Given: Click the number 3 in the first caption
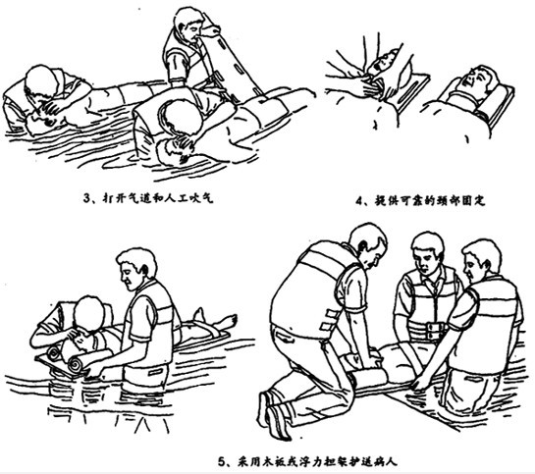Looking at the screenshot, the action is [x=87, y=198].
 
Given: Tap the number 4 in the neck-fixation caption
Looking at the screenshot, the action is [x=359, y=201].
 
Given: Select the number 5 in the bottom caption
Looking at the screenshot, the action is [x=222, y=462].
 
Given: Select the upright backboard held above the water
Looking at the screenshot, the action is [x=236, y=63].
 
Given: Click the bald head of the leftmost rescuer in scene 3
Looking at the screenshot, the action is [x=41, y=81].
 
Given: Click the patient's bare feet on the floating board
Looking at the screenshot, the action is [x=218, y=319].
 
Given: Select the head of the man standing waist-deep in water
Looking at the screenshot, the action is [x=136, y=268].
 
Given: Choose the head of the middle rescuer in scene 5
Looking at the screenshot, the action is [x=427, y=250].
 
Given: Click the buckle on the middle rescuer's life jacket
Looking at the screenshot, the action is [x=433, y=329].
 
